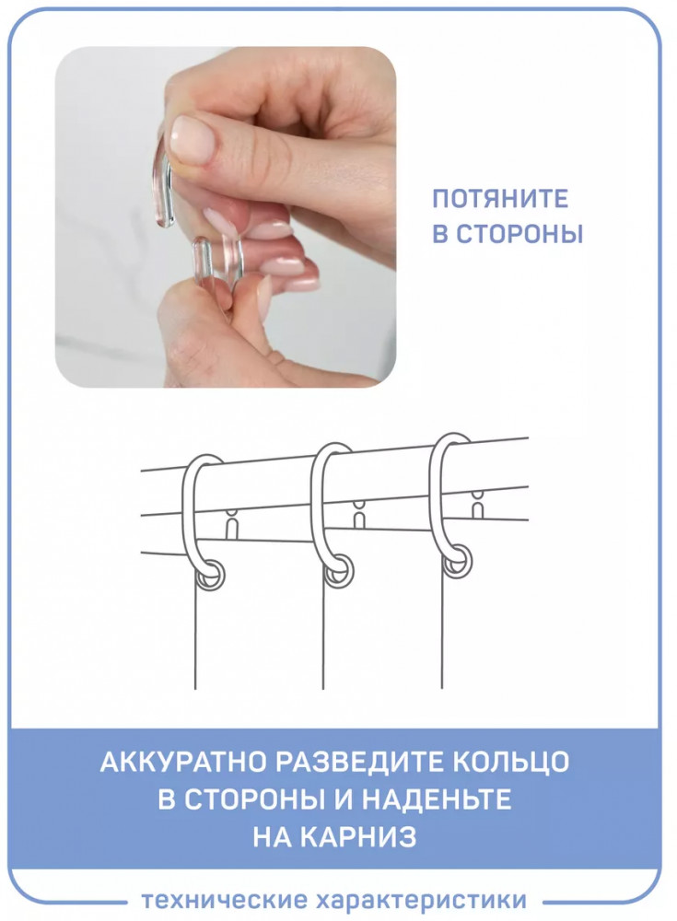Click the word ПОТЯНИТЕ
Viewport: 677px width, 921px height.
pos(500,199)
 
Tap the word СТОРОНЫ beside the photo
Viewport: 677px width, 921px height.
pos(519,234)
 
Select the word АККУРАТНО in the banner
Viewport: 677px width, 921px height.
pos(182,762)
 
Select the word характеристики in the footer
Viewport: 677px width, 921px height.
pos(421,901)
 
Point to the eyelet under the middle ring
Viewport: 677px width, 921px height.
pos(339,572)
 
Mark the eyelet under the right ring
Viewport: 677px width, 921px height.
pos(457,562)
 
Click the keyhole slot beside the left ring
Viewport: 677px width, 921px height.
pos(234,525)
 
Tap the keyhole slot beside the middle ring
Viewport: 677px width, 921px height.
pos(358,514)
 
